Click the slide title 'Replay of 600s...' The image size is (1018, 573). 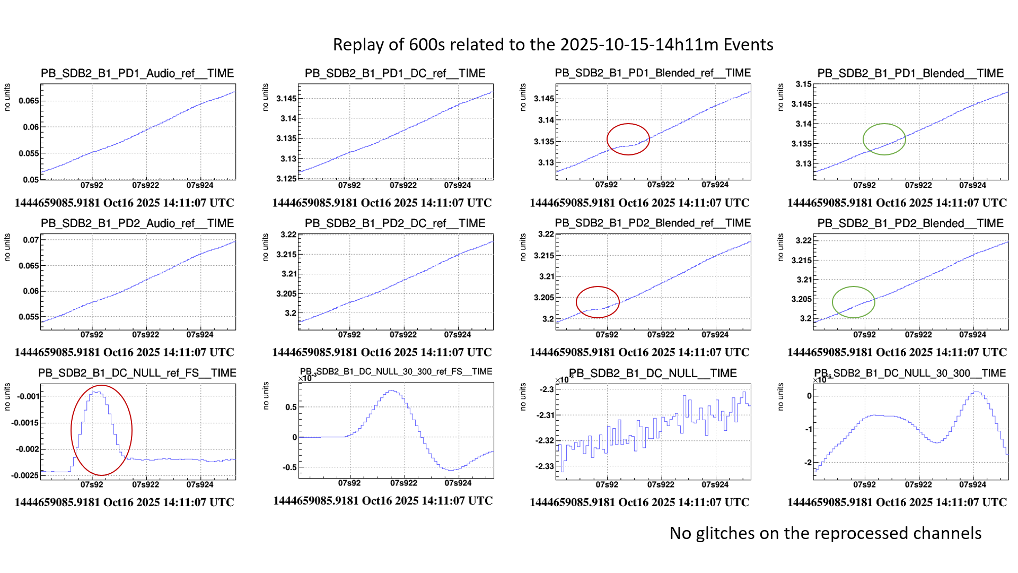point(553,45)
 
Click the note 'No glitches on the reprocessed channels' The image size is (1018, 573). point(825,533)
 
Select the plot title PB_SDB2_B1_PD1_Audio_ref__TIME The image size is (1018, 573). point(137,73)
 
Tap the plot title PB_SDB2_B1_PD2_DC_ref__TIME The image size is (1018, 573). point(395,223)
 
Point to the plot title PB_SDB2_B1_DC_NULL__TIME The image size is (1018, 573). point(653,374)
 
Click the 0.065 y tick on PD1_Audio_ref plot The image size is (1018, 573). point(29,101)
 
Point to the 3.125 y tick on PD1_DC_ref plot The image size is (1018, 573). point(286,179)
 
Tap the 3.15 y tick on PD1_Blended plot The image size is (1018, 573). point(803,84)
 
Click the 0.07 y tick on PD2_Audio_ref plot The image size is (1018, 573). point(31,240)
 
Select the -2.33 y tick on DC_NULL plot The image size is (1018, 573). point(546,466)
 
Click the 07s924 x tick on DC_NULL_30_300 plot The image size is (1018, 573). point(972,484)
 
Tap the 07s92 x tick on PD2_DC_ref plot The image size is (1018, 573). point(349,335)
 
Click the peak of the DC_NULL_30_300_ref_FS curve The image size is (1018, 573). point(392,390)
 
